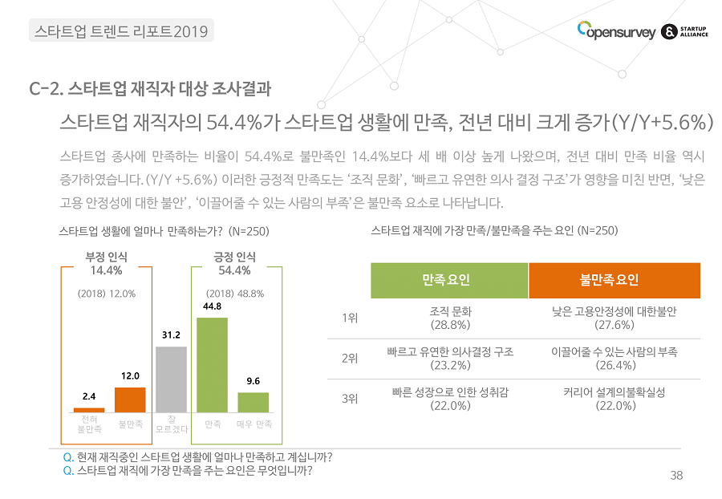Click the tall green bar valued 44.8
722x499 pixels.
pyautogui.click(x=212, y=365)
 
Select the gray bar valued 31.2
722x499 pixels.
pyautogui.click(x=170, y=379)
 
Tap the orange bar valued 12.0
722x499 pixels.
pyautogui.click(x=130, y=400)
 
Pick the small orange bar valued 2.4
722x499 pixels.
pyautogui.click(x=89, y=408)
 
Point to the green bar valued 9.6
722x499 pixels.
pyautogui.click(x=254, y=402)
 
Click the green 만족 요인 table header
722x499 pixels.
pyautogui.click(x=449, y=280)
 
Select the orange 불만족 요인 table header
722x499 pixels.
pyautogui.click(x=615, y=280)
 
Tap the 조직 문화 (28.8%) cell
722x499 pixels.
pyautogui.click(x=450, y=318)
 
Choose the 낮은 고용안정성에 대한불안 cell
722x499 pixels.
pyautogui.click(x=614, y=318)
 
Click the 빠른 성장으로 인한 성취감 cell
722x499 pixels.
pyautogui.click(x=450, y=399)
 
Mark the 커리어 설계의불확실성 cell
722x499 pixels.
pyautogui.click(x=614, y=399)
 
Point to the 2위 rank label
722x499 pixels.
pyautogui.click(x=349, y=359)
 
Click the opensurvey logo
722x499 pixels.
pyautogui.click(x=614, y=31)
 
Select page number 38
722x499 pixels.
pyautogui.click(x=676, y=476)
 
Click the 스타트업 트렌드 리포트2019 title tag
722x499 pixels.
pyautogui.click(x=121, y=31)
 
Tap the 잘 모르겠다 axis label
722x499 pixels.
pyautogui.click(x=171, y=424)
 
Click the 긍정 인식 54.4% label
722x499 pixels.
pyautogui.click(x=234, y=263)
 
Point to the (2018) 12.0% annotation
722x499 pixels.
pyautogui.click(x=107, y=294)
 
